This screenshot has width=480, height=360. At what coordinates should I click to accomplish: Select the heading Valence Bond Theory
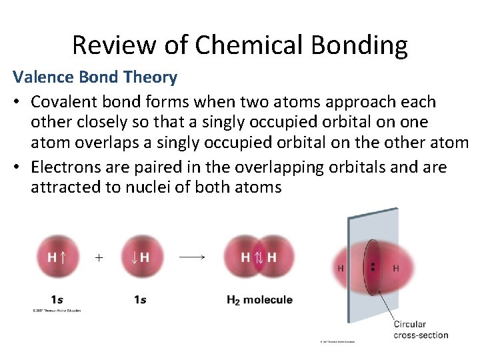[95, 77]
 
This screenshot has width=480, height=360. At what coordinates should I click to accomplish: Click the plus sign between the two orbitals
[99, 257]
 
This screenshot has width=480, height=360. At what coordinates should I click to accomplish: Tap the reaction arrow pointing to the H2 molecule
[191, 257]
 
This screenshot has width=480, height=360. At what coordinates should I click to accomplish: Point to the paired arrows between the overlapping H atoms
[259, 257]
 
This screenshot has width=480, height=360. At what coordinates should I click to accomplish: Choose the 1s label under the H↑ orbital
[57, 300]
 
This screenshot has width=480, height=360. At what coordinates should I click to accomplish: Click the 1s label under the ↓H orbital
[139, 300]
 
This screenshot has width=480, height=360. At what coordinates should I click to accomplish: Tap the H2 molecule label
[259, 300]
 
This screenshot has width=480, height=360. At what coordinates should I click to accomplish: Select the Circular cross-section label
[420, 329]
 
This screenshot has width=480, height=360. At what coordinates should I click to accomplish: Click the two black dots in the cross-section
[373, 267]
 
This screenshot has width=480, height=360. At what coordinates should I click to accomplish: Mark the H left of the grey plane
[341, 268]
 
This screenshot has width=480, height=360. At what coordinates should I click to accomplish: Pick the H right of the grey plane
[395, 268]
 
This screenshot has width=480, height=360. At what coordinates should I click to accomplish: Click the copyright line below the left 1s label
[57, 311]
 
